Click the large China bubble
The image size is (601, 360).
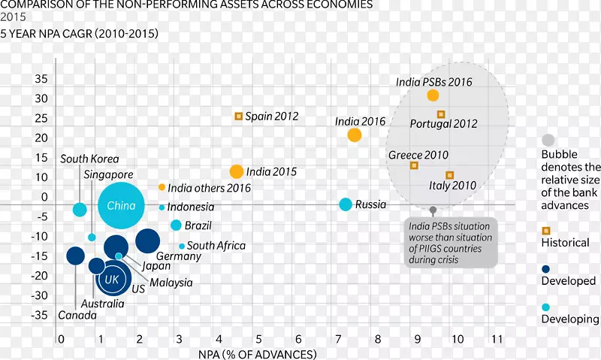[121, 206]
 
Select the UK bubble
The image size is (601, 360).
[113, 280]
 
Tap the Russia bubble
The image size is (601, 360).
[345, 204]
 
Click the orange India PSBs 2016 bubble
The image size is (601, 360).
[433, 95]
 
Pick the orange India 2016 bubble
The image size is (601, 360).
[355, 135]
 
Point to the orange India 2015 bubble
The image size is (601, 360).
[237, 171]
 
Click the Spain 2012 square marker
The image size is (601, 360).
[239, 116]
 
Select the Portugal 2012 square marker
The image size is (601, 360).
[441, 114]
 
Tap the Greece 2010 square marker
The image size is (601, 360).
[414, 165]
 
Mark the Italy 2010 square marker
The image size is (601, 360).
[449, 175]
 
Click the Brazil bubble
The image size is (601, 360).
[176, 225]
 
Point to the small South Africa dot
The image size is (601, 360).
[182, 246]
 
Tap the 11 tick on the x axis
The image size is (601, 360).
[496, 340]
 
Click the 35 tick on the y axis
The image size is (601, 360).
[41, 78]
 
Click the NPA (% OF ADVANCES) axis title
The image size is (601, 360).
[258, 353]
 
